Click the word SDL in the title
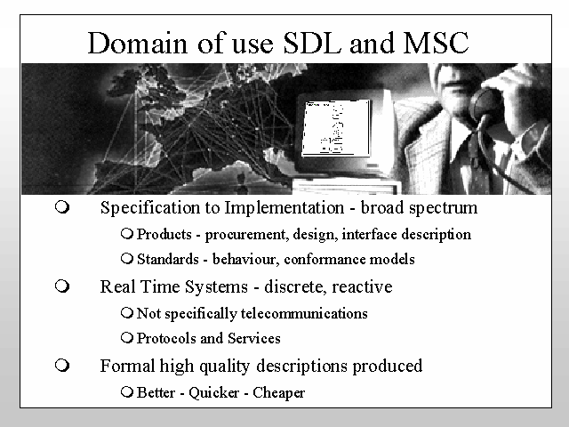[x=312, y=43]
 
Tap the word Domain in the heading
[x=138, y=43]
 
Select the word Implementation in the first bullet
[x=284, y=208]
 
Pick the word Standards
[x=168, y=259]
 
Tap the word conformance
[x=324, y=259]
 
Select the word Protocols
[x=166, y=338]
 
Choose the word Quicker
[x=213, y=393]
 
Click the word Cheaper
[x=278, y=393]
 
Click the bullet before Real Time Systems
[x=62, y=286]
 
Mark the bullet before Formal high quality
[x=62, y=365]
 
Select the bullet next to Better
[x=127, y=392]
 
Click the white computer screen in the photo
[x=336, y=127]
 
